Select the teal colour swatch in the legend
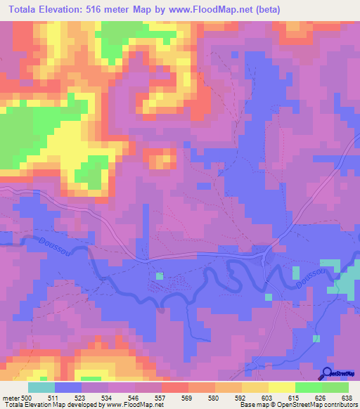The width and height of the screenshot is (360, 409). click(41, 387)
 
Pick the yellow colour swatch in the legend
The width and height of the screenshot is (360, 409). click(282, 387)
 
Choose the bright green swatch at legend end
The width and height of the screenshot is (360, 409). click(335, 387)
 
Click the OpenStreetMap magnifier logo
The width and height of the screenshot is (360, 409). click(328, 372)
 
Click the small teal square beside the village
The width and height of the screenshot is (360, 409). click(160, 275)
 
